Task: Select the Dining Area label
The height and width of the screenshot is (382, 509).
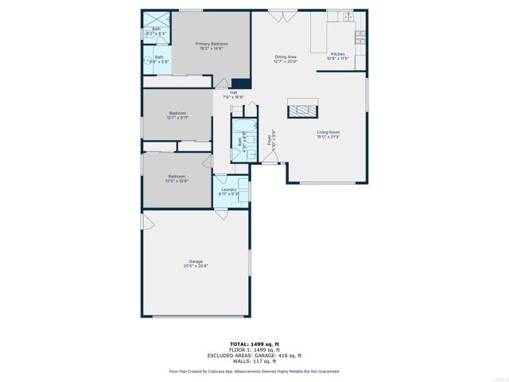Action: tap(286, 59)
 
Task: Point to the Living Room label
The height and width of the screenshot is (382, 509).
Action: tap(328, 134)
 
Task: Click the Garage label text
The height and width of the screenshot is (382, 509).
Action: tap(196, 263)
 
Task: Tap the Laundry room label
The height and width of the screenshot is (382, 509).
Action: tap(228, 192)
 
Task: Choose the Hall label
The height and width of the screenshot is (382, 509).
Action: tap(234, 94)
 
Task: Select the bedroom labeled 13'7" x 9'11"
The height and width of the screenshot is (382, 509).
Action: tap(177, 115)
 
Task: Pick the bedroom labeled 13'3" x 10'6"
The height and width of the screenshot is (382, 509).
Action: tap(177, 178)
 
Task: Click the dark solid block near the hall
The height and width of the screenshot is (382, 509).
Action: tap(241, 83)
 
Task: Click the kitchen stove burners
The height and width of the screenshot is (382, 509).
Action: tap(360, 35)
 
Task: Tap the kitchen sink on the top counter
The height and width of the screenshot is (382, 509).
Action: tap(348, 16)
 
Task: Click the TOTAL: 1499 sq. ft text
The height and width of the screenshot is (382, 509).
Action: tap(254, 344)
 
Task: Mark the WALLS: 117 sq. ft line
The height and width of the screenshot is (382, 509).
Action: tap(254, 361)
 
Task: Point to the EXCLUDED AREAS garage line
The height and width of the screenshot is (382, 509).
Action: tap(254, 356)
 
